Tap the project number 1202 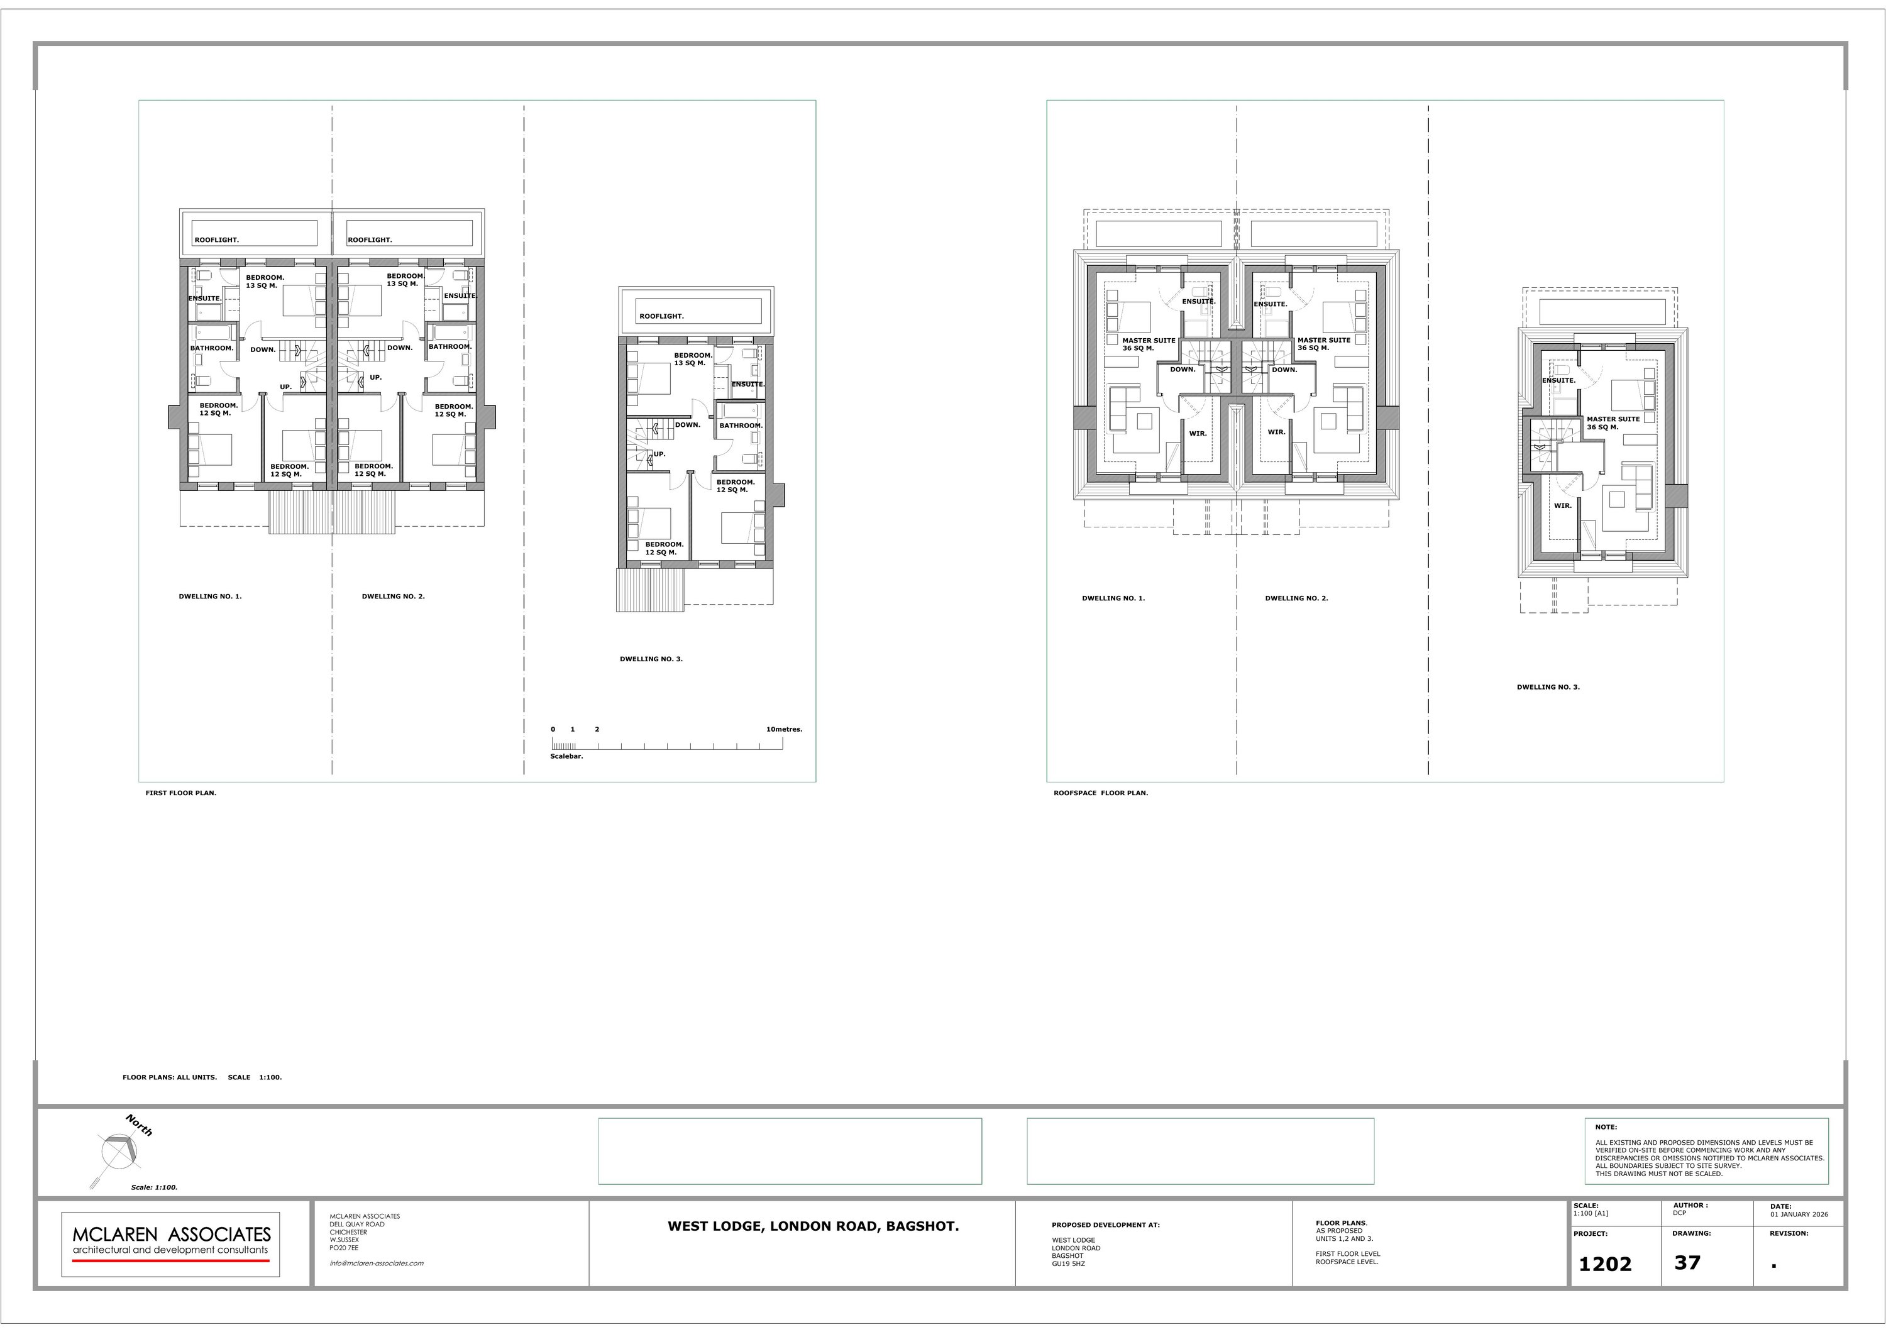(x=1604, y=1265)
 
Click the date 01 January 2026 (x=1799, y=1214)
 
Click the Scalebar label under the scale (x=566, y=756)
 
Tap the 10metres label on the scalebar (x=784, y=729)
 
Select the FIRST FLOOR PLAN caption (x=180, y=793)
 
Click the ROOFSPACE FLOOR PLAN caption (x=1100, y=793)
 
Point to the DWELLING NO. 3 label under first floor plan (x=651, y=659)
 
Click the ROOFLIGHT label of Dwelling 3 (x=661, y=316)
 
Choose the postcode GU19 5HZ (x=1068, y=1264)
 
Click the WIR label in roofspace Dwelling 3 (x=1562, y=506)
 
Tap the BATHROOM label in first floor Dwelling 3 (x=740, y=426)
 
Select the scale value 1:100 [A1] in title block (x=1591, y=1213)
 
